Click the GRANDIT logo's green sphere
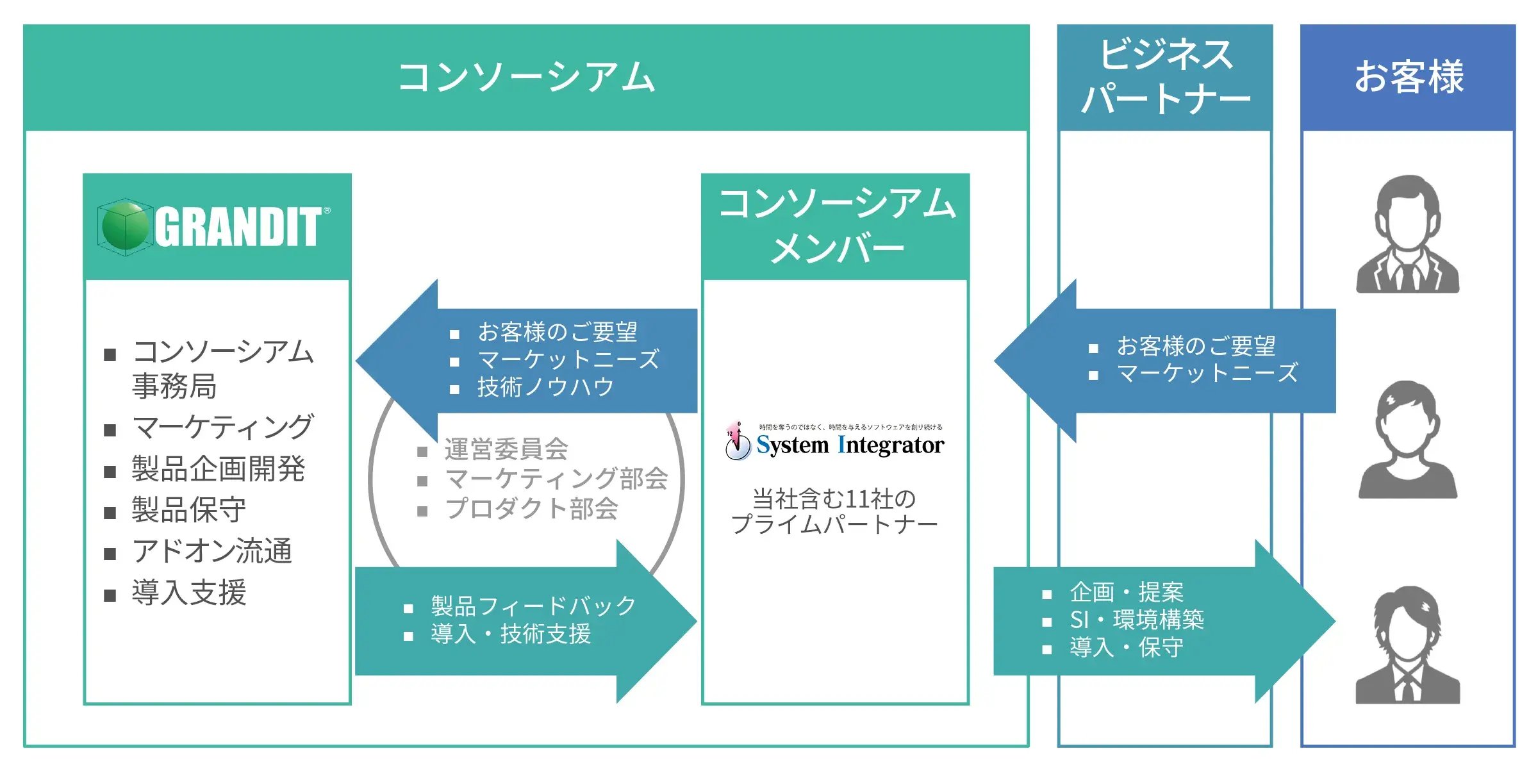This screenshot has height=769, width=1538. [126, 226]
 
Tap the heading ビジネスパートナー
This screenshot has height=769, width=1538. [1165, 76]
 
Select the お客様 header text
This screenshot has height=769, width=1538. [1409, 77]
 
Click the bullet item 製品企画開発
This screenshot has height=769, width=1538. [218, 469]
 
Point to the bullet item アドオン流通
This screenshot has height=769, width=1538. [211, 551]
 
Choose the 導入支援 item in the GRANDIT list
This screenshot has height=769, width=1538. [189, 592]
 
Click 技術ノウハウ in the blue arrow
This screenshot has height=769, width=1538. [545, 387]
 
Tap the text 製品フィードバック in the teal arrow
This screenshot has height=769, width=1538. [533, 606]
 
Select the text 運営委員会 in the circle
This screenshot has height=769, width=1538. [506, 449]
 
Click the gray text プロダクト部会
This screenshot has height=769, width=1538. [532, 509]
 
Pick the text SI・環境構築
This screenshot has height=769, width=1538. [1137, 620]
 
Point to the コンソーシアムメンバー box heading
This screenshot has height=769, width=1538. [836, 226]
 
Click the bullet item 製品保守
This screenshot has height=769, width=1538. [188, 510]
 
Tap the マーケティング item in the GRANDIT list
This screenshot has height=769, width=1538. [222, 427]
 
